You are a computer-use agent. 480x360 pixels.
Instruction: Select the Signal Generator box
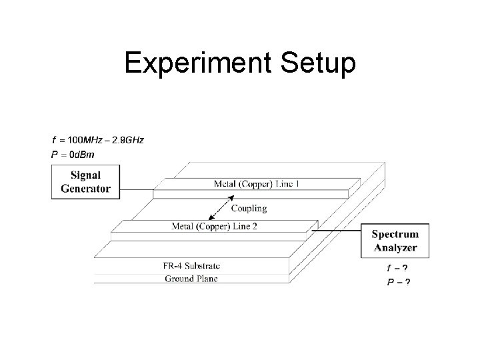81,182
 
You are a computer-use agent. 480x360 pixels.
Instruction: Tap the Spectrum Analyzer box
395,241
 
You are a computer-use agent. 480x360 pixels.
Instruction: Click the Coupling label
249,209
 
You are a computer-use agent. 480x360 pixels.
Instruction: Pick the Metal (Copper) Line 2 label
214,227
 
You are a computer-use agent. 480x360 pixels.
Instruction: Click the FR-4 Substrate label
192,265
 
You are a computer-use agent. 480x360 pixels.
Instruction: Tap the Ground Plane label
191,279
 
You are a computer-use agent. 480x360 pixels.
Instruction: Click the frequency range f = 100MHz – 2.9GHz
97,140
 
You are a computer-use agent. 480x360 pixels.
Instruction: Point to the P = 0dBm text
73,155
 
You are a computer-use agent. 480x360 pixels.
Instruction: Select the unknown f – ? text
398,268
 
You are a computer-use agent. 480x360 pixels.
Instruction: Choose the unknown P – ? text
399,282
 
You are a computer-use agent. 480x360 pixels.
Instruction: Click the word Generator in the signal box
85,188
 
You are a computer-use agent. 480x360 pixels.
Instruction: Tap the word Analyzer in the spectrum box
395,247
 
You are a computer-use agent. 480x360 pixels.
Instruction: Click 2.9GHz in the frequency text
127,140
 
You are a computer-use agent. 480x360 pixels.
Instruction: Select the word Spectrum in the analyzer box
395,234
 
